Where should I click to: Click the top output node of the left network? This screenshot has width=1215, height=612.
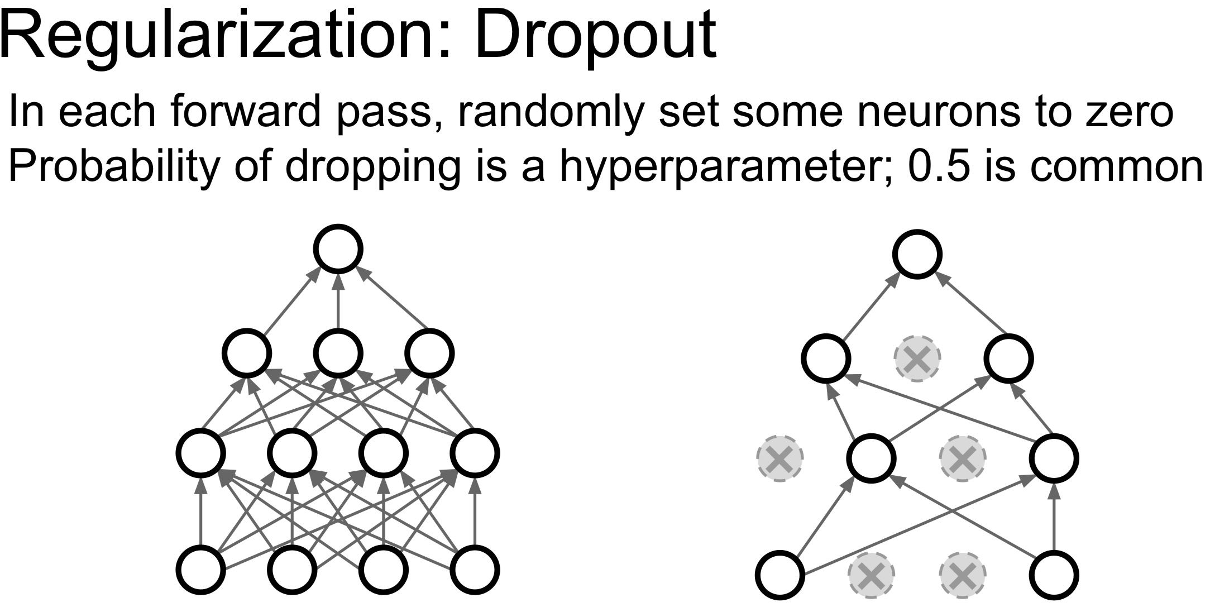[338, 249]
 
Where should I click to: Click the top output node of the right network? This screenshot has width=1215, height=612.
[917, 254]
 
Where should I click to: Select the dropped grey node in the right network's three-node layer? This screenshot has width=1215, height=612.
[917, 358]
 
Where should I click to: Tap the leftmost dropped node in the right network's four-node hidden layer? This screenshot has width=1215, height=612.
[780, 458]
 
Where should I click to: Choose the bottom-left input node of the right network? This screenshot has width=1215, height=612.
[780, 575]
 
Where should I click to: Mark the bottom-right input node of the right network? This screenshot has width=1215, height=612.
[1054, 575]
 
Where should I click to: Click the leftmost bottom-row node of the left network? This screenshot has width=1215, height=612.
[201, 570]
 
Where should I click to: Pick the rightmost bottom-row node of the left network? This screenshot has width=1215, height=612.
[475, 570]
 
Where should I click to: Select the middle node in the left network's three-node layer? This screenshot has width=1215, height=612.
[338, 353]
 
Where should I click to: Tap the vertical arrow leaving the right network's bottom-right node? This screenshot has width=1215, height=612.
[1054, 517]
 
